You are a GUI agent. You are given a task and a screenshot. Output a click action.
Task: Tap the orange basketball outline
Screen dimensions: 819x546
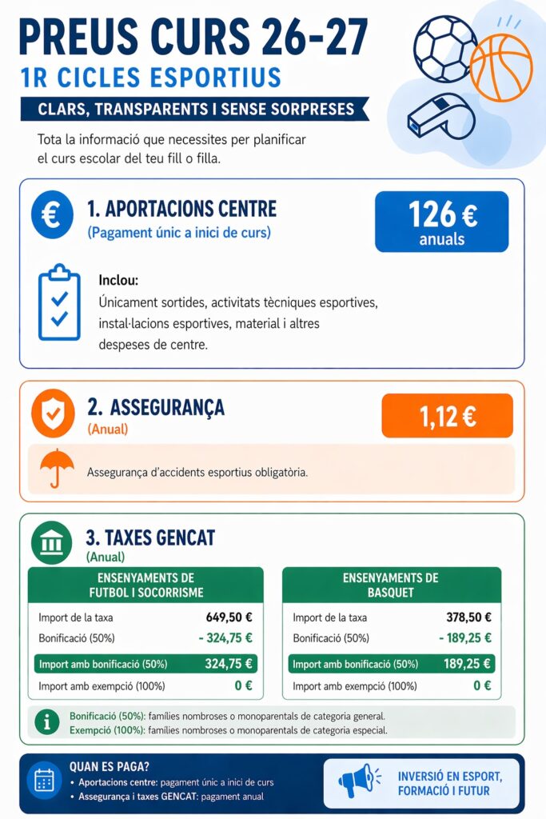coord(500,67)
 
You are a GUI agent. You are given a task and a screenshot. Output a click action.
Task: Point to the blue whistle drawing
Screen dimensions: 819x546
coord(440,117)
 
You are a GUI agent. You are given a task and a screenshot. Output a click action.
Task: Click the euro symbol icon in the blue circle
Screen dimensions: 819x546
coord(50,215)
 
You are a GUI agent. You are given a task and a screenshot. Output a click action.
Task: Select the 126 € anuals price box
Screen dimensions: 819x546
coord(441,222)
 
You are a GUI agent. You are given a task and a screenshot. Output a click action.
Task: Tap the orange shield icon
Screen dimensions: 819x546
coord(52,413)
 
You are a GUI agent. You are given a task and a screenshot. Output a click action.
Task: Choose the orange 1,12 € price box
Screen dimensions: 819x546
coord(447,416)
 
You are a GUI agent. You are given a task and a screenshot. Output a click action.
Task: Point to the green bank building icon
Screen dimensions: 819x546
coord(51,543)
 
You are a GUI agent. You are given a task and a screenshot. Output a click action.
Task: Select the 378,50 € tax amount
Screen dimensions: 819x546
coord(468,617)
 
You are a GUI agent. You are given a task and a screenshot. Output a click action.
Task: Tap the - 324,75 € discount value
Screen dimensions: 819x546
coord(225,638)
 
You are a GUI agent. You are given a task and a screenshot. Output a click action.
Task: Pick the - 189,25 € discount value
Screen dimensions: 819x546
coord(464,638)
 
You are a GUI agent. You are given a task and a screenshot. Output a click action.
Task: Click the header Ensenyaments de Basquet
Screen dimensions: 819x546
coord(391,585)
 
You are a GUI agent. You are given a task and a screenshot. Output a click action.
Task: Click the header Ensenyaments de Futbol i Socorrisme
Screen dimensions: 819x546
coord(145,585)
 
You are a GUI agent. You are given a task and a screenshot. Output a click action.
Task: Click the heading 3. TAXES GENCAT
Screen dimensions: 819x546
coord(149,537)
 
